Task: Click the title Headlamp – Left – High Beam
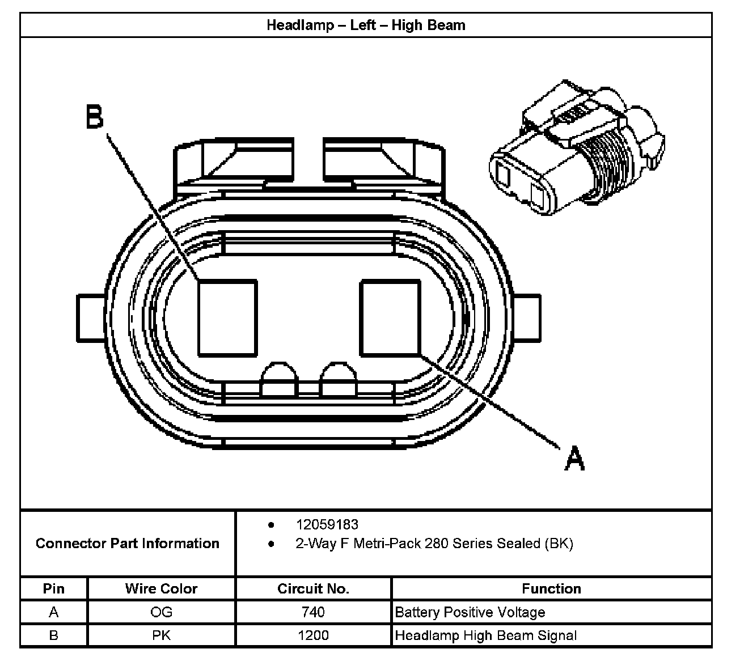366,26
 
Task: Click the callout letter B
95,117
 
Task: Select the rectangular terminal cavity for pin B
227,318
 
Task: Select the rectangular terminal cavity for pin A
390,318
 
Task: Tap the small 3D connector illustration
576,150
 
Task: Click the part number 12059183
327,525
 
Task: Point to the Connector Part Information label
128,544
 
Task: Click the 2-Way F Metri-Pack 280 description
434,544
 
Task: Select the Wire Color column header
161,589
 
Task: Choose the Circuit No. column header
313,589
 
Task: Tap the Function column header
551,589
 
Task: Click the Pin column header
54,589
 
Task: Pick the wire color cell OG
161,612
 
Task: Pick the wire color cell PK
161,635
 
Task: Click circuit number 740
313,612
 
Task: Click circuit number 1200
313,635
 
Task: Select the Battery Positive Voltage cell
470,612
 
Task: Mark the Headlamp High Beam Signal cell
485,635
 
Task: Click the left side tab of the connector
91,317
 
